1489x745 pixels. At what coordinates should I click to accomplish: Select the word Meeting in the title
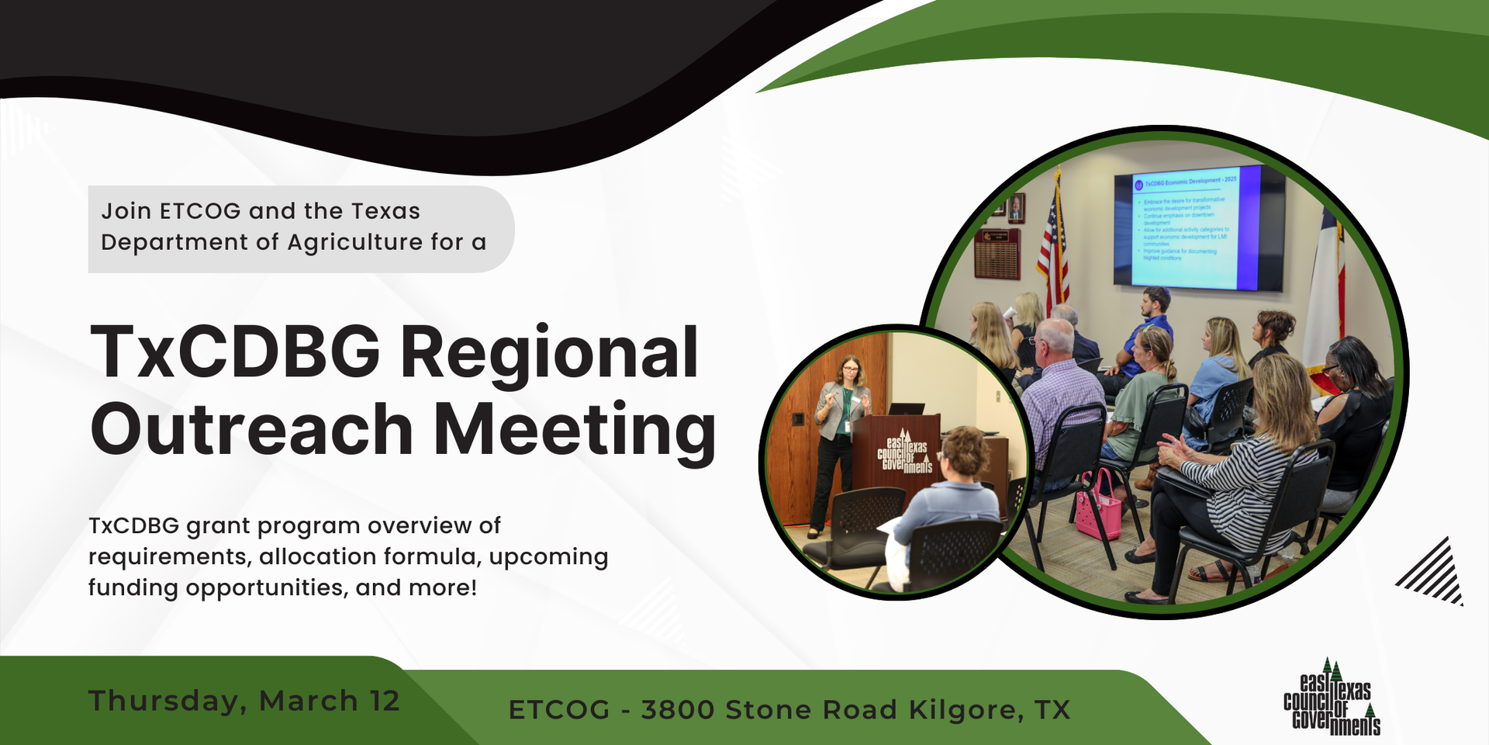click(x=574, y=429)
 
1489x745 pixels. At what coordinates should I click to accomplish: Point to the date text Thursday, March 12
click(x=244, y=701)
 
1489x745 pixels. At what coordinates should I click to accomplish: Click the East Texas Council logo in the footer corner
click(x=1332, y=698)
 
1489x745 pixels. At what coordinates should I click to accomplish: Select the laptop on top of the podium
click(x=905, y=408)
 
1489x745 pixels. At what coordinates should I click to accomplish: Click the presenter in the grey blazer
click(x=841, y=435)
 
